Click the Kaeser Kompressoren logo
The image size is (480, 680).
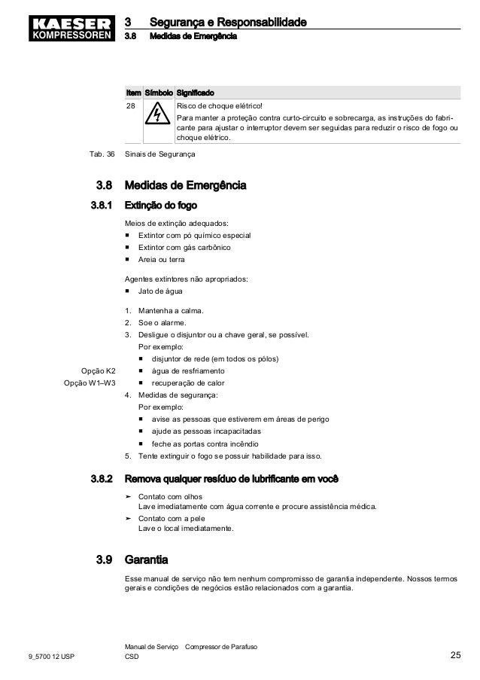(66, 24)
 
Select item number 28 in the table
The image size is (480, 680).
(131, 106)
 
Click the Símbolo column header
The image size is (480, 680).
(157, 92)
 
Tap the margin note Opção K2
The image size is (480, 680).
(98, 370)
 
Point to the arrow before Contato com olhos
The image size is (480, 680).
(129, 497)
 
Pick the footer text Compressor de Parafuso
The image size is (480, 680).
(222, 647)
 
